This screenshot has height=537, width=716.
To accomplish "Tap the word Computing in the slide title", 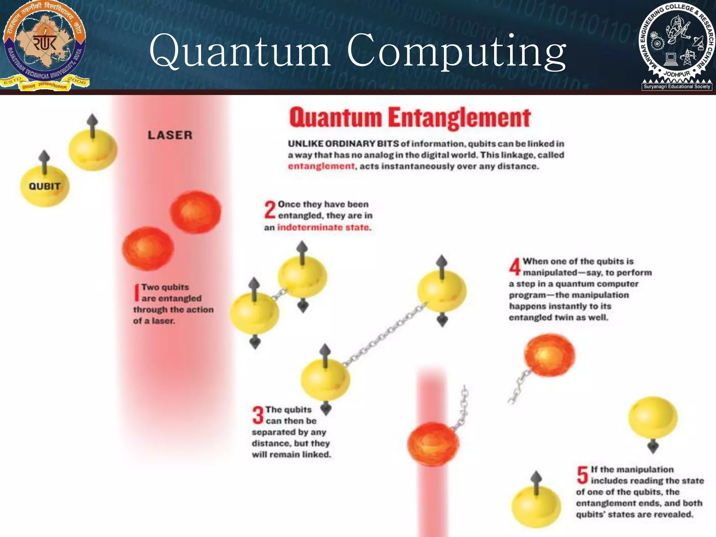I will [456, 52].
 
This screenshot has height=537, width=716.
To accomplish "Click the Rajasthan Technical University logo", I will [45, 45].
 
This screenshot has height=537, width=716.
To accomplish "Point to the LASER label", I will [170, 135].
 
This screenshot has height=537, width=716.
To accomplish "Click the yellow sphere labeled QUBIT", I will [45, 186].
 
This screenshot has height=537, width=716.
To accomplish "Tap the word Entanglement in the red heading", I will [459, 118].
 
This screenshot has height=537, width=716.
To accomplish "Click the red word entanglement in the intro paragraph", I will [321, 166].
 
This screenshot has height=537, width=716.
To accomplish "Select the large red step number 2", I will [270, 210].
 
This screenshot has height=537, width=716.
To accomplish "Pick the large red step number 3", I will [258, 415].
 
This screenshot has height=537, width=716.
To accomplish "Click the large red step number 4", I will [515, 267].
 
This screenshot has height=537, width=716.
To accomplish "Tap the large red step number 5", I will [582, 475].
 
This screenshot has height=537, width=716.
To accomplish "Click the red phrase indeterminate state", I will [324, 227].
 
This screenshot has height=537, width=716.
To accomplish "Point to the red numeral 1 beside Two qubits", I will [137, 292].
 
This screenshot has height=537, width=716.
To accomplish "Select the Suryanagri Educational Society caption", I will [677, 86].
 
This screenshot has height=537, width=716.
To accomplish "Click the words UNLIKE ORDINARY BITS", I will [343, 144].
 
